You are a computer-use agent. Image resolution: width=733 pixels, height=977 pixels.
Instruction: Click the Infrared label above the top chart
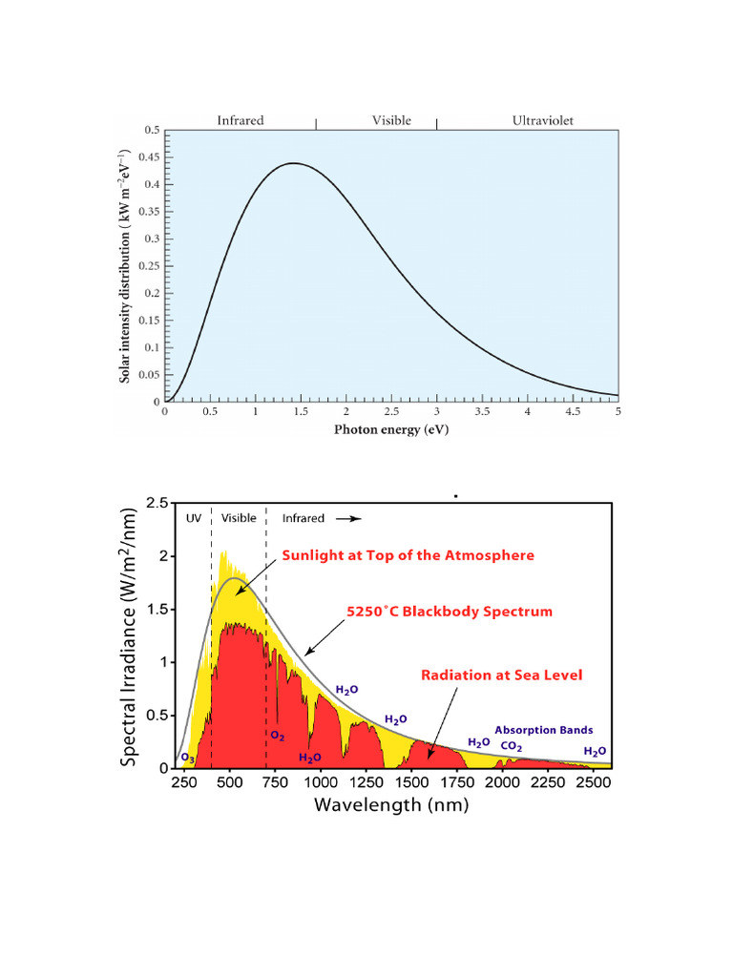[x=240, y=120]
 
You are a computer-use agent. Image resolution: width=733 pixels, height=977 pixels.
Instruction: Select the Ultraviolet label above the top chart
[x=542, y=120]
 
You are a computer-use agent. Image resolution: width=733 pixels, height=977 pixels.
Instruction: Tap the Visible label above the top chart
[x=391, y=120]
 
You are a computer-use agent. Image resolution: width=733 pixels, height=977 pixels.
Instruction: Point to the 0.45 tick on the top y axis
[x=149, y=157]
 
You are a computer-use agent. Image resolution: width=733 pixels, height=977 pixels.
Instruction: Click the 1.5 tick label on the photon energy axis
[x=301, y=411]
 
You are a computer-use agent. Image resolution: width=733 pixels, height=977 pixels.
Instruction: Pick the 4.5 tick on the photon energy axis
[x=573, y=411]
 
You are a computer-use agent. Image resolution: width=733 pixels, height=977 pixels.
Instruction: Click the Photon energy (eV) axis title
[x=391, y=429]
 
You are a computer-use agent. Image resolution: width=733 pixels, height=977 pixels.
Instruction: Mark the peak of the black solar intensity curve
[x=293, y=163]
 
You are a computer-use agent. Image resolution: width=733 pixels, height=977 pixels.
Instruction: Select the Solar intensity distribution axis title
[x=125, y=266]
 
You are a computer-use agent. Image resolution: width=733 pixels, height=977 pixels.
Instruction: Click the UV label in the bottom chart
[x=194, y=518]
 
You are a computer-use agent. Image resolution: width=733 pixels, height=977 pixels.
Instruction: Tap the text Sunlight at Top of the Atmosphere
[x=408, y=555]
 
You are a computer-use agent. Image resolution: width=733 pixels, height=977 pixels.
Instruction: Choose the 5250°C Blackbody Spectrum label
[x=450, y=612]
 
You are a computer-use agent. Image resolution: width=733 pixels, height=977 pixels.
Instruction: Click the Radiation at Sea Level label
[x=502, y=675]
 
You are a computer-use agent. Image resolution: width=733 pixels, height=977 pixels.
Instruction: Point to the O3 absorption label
[x=188, y=759]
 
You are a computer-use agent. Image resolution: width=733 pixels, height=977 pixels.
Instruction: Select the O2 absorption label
[x=278, y=736]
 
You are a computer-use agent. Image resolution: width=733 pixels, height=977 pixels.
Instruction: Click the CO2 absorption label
[x=512, y=746]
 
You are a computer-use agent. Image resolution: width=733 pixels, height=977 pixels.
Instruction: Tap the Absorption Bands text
[x=543, y=730]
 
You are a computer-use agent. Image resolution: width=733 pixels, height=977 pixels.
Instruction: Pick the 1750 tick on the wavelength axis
[x=457, y=782]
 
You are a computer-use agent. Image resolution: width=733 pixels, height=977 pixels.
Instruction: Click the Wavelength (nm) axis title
[x=391, y=805]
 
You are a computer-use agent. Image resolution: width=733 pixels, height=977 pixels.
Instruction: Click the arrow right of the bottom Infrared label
[x=348, y=518]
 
